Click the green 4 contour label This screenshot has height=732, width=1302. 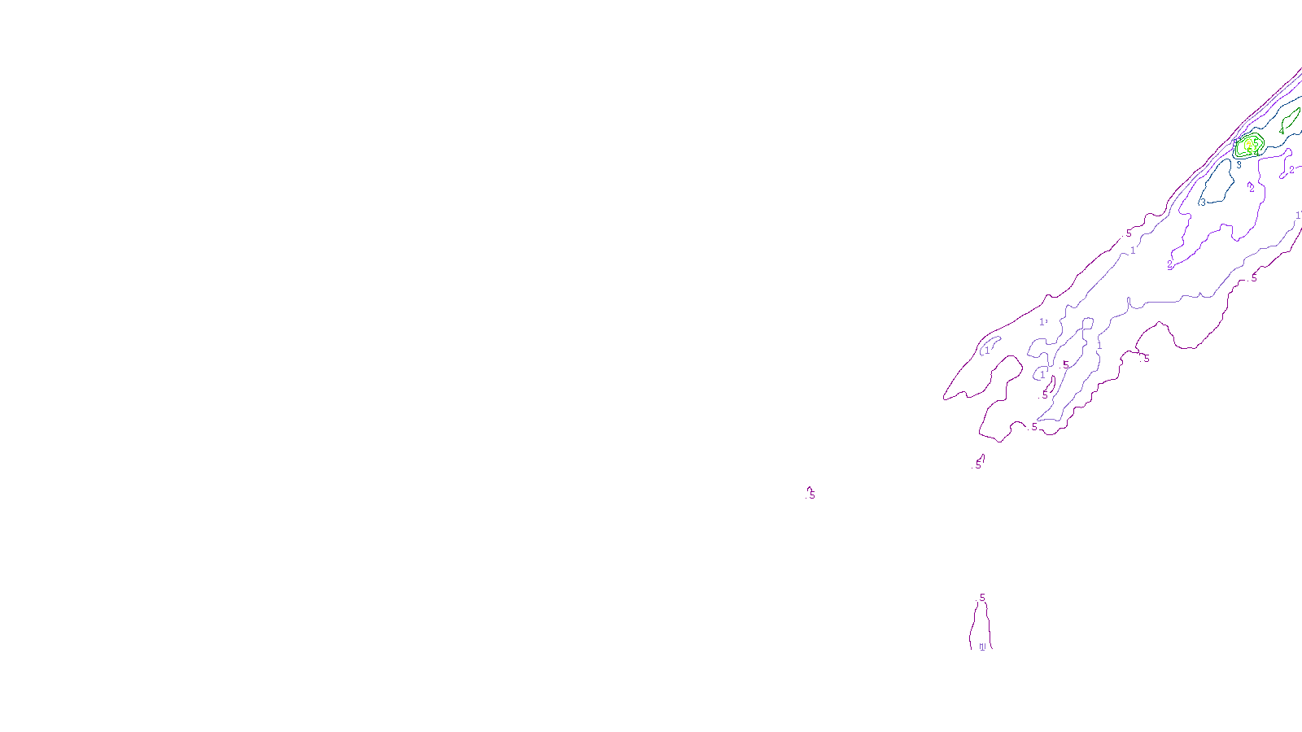coord(1282,131)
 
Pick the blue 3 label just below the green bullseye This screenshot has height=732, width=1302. coord(1239,165)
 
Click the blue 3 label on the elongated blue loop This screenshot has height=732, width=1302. coord(1204,203)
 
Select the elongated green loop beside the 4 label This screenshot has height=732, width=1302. coord(1291,117)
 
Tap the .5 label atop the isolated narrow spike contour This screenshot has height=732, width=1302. coord(981,598)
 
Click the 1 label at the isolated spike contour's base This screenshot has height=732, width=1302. coord(981,647)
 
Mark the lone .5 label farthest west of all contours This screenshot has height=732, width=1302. coord(811,495)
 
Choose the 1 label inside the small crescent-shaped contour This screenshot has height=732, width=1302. coord(988,351)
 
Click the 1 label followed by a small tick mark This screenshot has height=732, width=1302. coord(1042,322)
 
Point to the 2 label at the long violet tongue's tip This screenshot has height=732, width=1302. coord(1170,264)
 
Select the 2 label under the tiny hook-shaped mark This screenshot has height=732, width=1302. coord(1252,189)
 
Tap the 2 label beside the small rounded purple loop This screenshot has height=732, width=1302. coord(1291,170)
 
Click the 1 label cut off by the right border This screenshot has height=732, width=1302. coord(1298,216)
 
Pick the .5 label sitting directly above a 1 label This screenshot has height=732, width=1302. coord(1129,233)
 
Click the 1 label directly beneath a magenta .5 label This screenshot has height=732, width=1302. coord(1133,251)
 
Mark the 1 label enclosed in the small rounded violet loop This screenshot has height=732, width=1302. coord(1042,375)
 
